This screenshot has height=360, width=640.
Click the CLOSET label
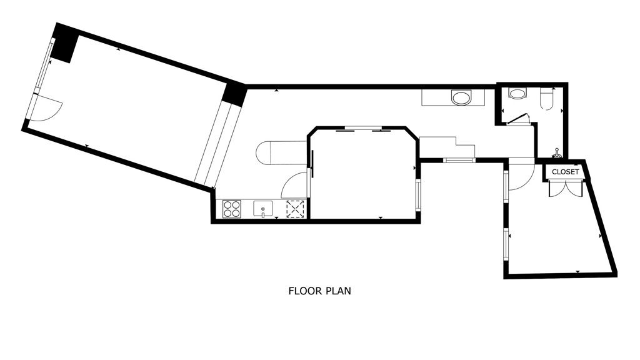565,172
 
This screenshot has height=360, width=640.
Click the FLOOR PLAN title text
319,291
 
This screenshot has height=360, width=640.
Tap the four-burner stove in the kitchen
231,209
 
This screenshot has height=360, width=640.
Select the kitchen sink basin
263,209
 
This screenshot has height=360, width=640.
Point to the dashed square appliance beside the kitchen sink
296,209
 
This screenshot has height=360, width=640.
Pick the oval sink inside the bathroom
517,93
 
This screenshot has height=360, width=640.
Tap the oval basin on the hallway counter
462,98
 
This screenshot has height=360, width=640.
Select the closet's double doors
565,189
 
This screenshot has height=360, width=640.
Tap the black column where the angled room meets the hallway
234,94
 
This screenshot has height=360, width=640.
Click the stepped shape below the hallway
447,147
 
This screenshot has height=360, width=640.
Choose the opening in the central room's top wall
363,129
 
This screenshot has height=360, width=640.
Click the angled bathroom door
517,119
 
